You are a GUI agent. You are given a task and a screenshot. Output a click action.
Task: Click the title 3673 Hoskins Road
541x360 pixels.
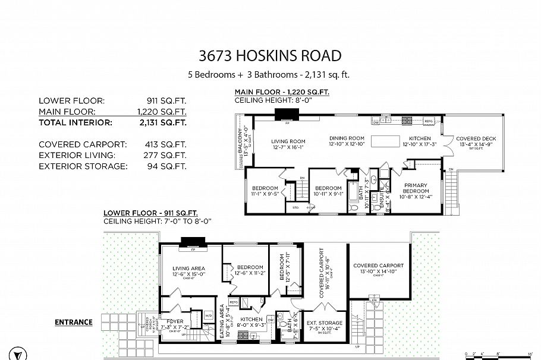[270, 56]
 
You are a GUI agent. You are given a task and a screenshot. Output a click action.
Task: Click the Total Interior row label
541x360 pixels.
[75, 122]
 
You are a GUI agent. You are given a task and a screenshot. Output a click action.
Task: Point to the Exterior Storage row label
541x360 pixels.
[83, 166]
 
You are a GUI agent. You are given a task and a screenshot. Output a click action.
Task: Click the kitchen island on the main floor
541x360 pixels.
[395, 141]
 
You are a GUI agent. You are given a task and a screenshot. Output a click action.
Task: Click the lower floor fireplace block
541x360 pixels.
[192, 241]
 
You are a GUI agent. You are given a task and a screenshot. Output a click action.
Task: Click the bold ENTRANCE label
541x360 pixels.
[74, 323]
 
